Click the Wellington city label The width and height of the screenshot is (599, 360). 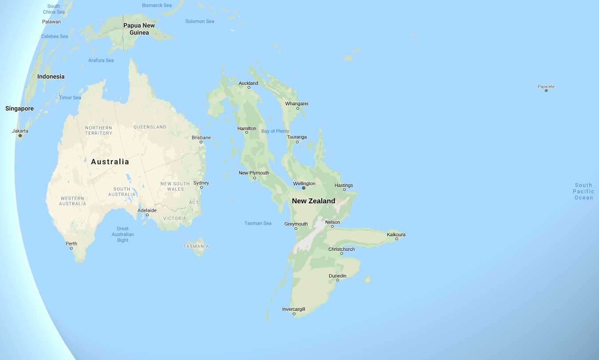click(304, 183)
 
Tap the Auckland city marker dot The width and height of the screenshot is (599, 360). click(249, 87)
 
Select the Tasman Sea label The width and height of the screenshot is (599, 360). click(258, 223)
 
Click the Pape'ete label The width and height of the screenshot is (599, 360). click(546, 87)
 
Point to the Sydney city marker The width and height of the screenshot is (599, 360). click(201, 187)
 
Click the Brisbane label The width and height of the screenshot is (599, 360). click(201, 138)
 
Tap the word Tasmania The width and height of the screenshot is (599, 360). click(196, 246)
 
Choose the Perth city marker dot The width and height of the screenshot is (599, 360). click(71, 248)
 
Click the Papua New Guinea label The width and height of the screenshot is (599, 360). click(139, 29)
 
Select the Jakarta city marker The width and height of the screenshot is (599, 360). click(20, 135)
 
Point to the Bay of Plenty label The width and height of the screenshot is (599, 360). click(275, 131)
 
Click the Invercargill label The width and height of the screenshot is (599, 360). click(294, 309)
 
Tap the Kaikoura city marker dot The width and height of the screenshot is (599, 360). click(397, 239)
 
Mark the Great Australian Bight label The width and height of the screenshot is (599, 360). click(123, 234)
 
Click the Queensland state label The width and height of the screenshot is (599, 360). click(150, 127)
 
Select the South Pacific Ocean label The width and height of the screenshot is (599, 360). click(583, 191)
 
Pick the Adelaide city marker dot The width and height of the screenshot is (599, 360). click(147, 215)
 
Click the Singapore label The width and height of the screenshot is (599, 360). click(20, 109)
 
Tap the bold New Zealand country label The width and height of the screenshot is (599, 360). click(313, 201)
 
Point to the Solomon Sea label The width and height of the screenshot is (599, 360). click(200, 21)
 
